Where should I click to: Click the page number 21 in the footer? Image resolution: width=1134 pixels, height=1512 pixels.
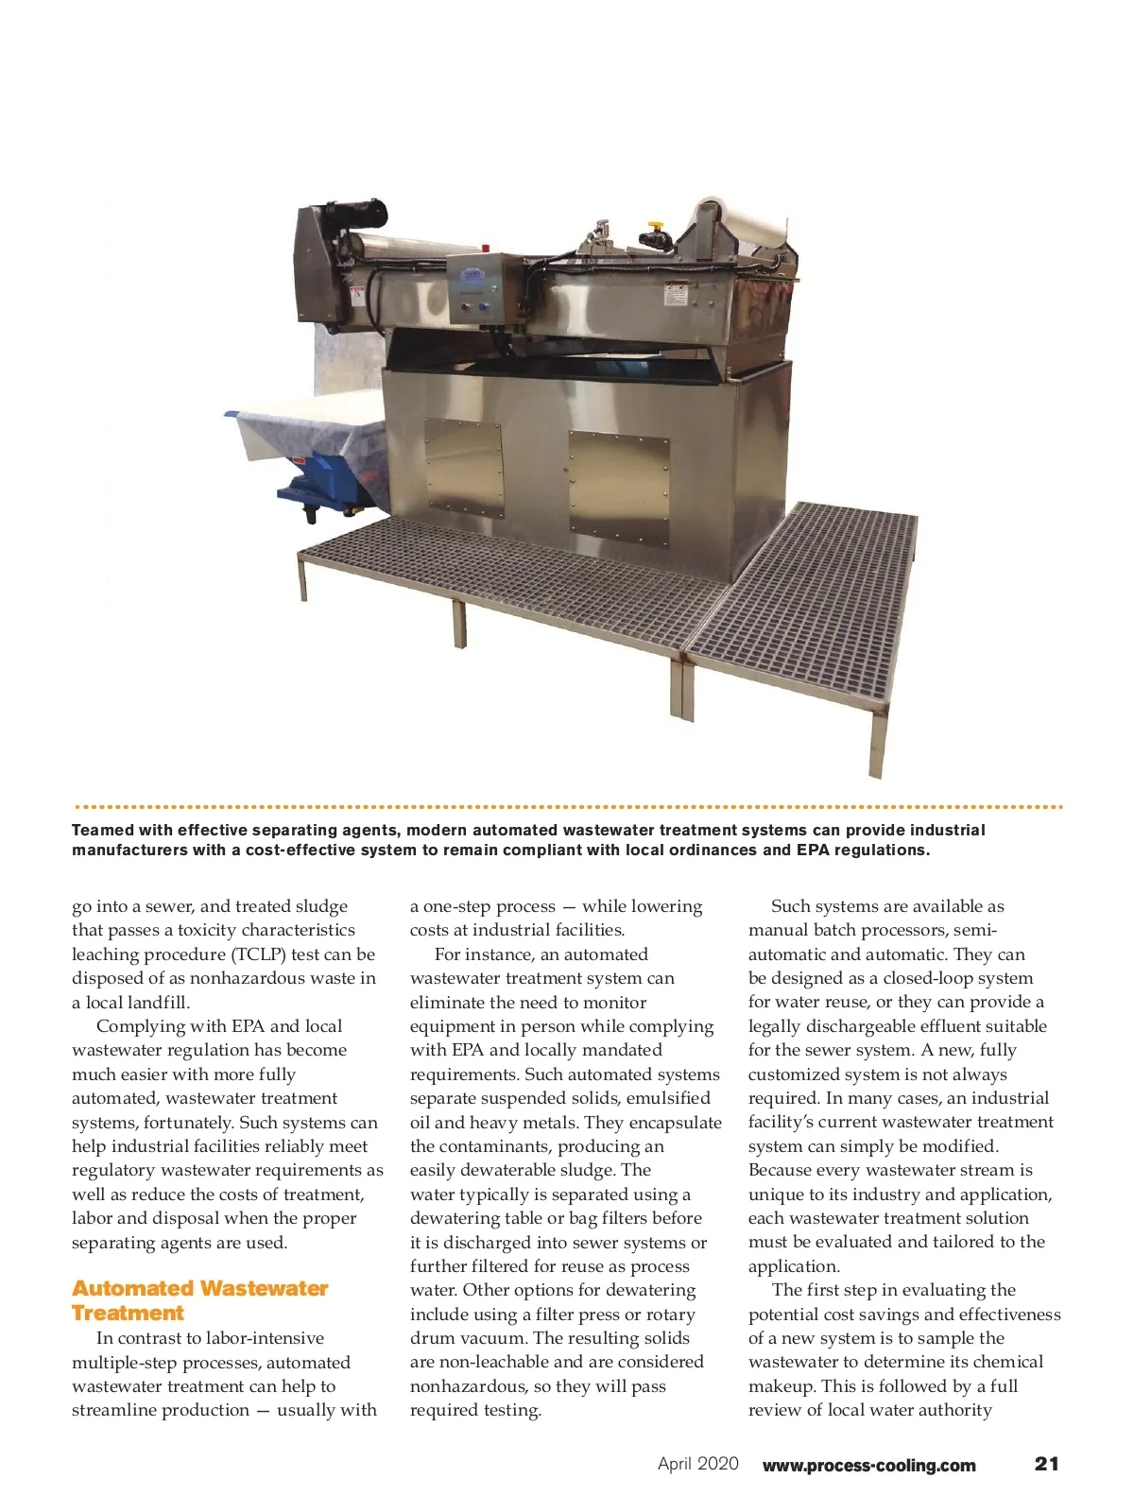pyautogui.click(x=1046, y=1464)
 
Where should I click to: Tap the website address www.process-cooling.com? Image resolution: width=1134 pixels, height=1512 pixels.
pyautogui.click(x=868, y=1466)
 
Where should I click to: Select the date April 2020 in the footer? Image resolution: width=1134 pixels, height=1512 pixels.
pyautogui.click(x=698, y=1464)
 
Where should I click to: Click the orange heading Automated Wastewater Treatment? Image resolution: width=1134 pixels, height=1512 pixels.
pyautogui.click(x=199, y=1300)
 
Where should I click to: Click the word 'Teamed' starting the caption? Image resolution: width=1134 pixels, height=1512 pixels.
pyautogui.click(x=103, y=831)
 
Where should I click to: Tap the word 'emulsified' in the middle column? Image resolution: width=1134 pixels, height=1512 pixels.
pyautogui.click(x=667, y=1098)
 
